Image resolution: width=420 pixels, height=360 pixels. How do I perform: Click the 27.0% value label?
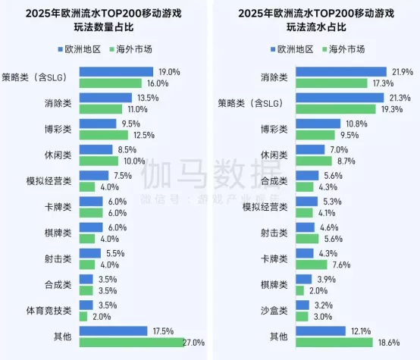pos(193,343)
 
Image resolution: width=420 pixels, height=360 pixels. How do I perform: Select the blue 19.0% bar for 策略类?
pos(116,72)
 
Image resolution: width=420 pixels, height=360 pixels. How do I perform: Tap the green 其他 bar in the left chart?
pos(132,343)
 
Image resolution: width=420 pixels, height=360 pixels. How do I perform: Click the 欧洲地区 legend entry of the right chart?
pos(292,49)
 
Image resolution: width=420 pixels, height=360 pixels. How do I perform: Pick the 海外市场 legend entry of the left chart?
pos(130,49)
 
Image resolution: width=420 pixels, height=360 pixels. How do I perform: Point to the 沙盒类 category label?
pos(274,311)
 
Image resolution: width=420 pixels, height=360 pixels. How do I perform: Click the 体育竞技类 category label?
pos(49,311)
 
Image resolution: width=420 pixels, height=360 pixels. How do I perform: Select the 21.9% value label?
pos(403,72)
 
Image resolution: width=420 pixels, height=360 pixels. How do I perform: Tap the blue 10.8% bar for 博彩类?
pos(318,124)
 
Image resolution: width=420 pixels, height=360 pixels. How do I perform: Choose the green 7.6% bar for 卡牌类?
pos(312,265)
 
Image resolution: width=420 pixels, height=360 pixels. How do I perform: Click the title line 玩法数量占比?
pos(104,27)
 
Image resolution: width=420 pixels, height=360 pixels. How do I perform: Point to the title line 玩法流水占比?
pos(316,27)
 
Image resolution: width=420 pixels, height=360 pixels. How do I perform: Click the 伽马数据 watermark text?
pos(211,174)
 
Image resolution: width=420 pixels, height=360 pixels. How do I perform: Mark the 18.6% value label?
pos(389,343)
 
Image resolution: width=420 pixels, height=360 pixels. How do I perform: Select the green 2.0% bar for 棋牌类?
pos(299,290)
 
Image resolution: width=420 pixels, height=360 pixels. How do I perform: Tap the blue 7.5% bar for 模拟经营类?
pos(94,175)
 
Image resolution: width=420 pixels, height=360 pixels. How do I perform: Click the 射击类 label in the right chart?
pos(274,233)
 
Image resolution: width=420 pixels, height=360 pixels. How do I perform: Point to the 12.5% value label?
pos(144,135)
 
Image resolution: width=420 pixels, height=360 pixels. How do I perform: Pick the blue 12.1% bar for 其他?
pos(321,330)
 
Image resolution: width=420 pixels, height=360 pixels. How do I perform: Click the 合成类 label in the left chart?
pos(58,285)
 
